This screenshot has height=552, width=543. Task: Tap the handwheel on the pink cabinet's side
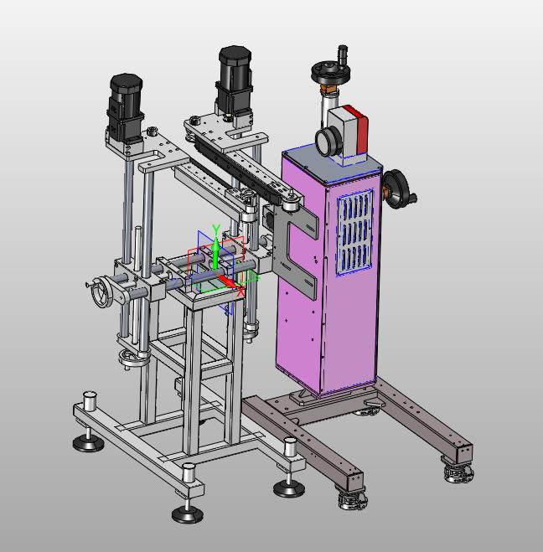pyautogui.click(x=400, y=189)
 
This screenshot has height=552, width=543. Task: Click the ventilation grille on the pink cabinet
pyautogui.click(x=354, y=232)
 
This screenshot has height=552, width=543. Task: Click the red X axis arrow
pyautogui.click(x=227, y=281)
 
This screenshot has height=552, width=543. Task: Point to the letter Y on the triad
pyautogui.click(x=216, y=230)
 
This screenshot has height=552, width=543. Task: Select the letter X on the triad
pyautogui.click(x=240, y=291)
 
